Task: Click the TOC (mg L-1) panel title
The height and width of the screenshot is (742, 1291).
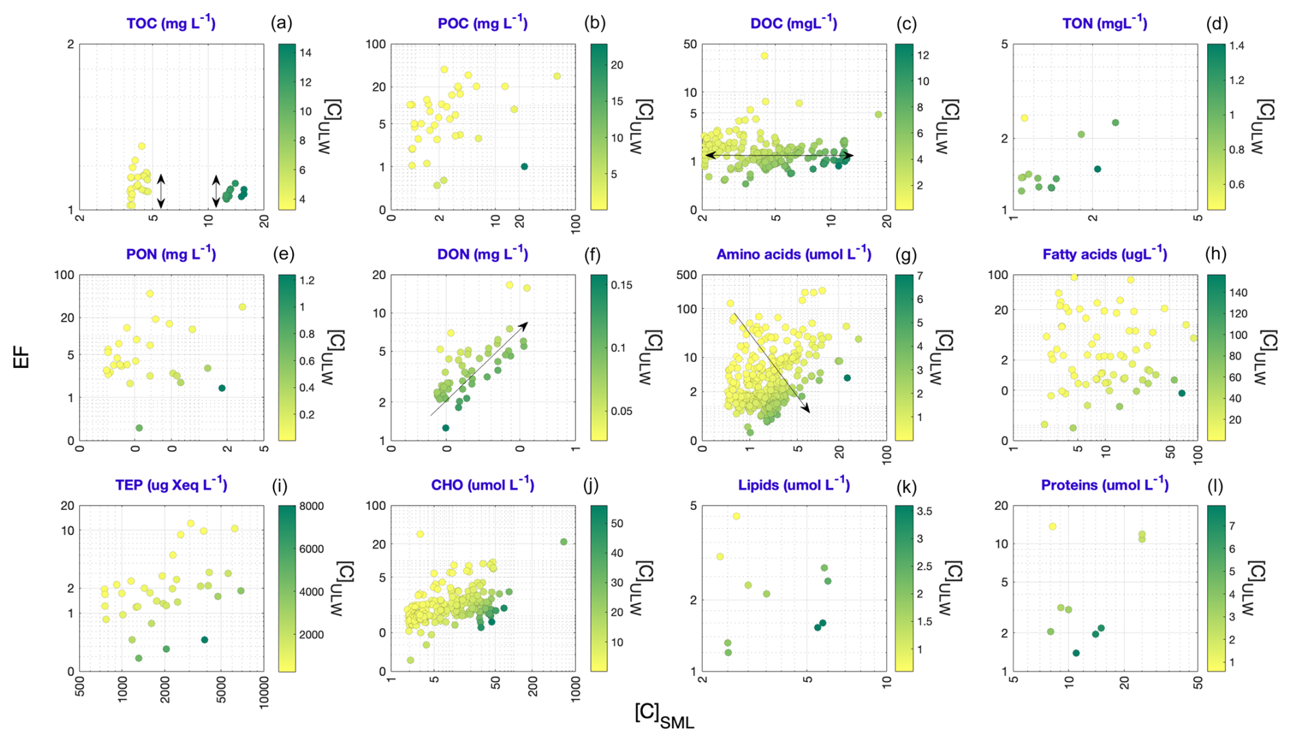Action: coord(171,24)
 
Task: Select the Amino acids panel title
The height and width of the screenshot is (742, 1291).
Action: coord(794,255)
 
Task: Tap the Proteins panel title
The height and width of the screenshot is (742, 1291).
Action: coord(1105,485)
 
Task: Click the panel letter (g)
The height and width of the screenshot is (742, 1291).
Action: coord(907,255)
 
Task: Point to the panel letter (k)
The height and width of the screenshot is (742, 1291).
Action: coord(907,485)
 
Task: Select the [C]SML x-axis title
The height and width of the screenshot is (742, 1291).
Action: coord(664,715)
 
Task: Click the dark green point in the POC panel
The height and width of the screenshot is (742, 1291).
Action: coord(524,167)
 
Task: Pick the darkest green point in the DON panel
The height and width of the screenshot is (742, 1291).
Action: coord(446,428)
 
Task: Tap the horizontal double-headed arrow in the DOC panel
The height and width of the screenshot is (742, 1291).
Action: coord(778,156)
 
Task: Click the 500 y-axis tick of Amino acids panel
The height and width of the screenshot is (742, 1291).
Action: coord(687,275)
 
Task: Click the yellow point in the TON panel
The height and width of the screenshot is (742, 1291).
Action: coord(1024,118)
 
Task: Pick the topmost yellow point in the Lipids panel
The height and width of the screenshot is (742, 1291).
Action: coord(736,516)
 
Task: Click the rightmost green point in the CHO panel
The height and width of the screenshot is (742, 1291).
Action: coord(564,542)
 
